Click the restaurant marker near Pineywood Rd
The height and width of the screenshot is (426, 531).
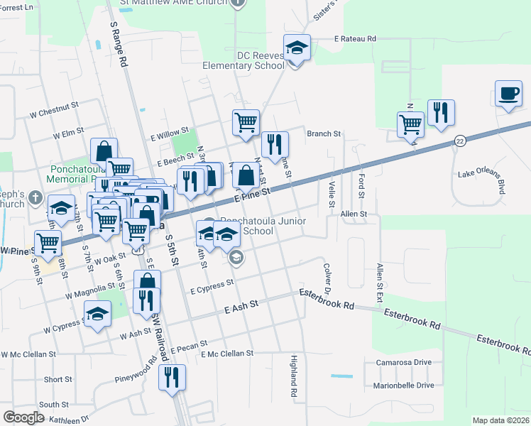(x=171, y=379)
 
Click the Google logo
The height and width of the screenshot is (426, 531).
(x=23, y=417)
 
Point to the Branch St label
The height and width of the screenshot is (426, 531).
(x=324, y=133)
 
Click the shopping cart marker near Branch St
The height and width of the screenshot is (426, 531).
(x=246, y=122)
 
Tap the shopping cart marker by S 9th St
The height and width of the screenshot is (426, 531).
(x=48, y=243)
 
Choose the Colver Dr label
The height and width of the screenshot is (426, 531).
(x=328, y=280)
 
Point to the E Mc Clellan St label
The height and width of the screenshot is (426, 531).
(x=227, y=354)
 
